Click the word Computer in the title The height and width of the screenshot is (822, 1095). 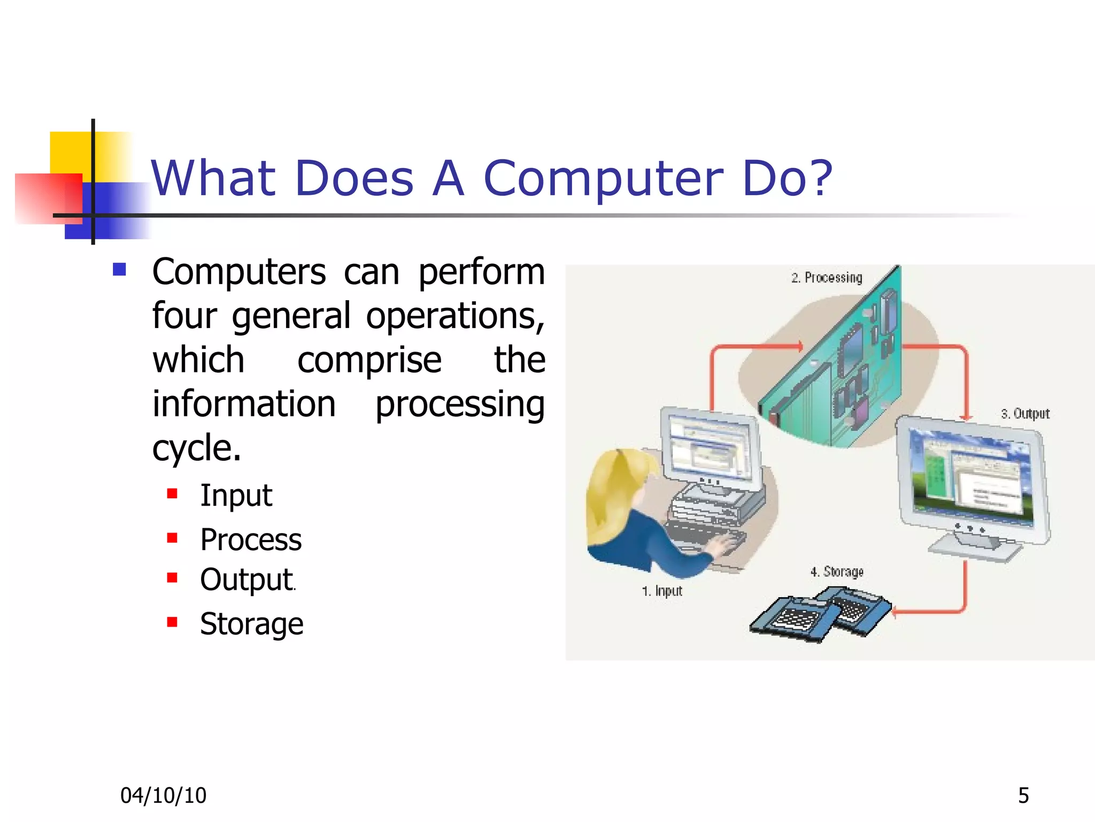click(x=603, y=179)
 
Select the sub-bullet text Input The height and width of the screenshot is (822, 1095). click(x=236, y=495)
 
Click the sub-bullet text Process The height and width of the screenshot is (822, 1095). click(x=251, y=539)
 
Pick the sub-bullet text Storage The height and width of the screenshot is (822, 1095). click(x=251, y=624)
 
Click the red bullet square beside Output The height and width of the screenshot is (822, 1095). click(x=172, y=578)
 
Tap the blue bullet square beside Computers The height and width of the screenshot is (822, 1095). click(x=119, y=269)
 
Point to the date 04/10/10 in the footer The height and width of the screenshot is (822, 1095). click(x=163, y=796)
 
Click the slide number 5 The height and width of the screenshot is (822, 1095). click(x=1023, y=796)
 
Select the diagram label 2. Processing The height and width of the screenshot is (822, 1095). click(x=827, y=278)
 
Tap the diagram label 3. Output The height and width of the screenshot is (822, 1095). click(x=1025, y=414)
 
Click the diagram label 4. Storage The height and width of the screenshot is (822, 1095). click(x=837, y=572)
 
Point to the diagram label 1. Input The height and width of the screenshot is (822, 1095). click(x=662, y=591)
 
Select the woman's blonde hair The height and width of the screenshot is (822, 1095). click(x=615, y=492)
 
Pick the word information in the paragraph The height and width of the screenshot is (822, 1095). click(x=244, y=404)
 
